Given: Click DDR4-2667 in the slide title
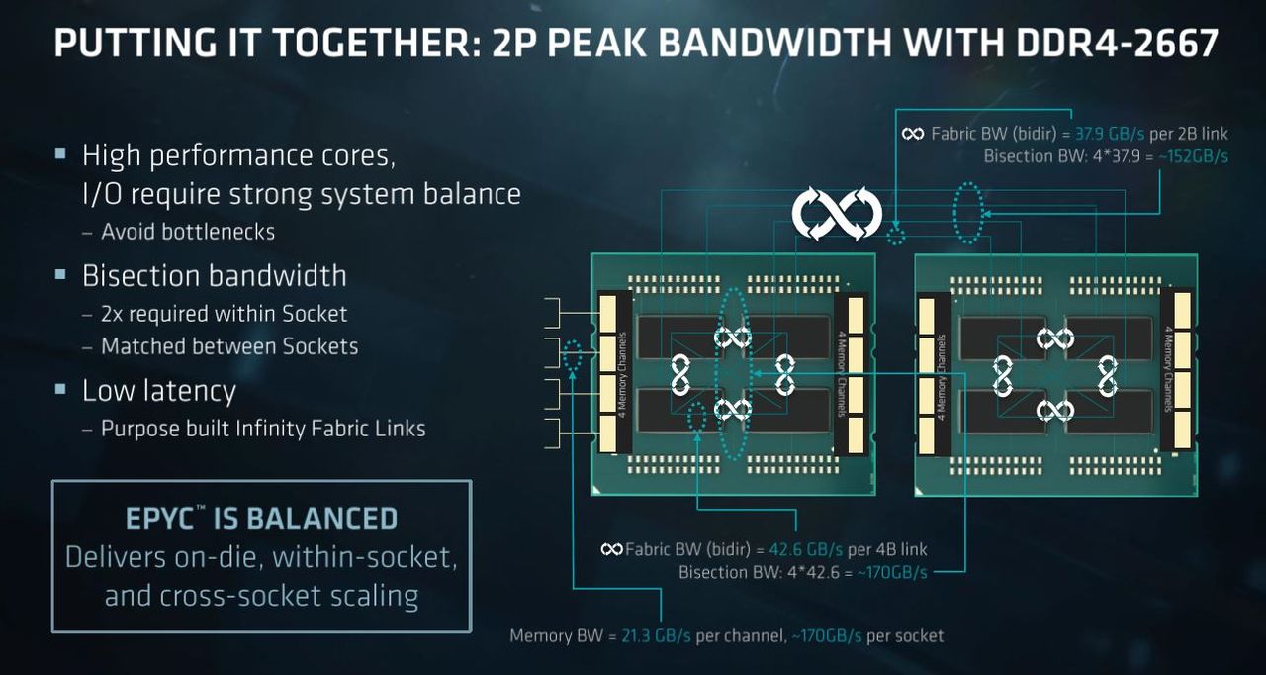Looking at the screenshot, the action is tap(1117, 43).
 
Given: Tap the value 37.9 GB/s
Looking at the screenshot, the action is tap(1110, 134).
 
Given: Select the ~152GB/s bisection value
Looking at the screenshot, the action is tap(1193, 156).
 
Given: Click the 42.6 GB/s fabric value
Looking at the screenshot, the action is tap(805, 549).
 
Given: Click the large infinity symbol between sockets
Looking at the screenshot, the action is tap(837, 214).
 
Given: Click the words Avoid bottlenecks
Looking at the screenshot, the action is tap(188, 232).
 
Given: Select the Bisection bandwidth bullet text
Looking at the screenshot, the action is tap(215, 276).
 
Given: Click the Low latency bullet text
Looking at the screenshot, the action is tap(159, 391).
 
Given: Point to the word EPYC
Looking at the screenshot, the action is tap(160, 519).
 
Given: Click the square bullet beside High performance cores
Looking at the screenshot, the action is tap(60, 153).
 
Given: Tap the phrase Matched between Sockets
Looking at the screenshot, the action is tap(229, 346).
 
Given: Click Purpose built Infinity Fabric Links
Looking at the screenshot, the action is tap(263, 429).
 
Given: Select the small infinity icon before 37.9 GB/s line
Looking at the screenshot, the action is tap(913, 134).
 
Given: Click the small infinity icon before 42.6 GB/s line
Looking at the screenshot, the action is tap(612, 549).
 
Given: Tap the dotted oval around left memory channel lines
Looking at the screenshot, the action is tap(572, 356).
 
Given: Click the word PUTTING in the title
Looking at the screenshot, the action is tap(136, 43).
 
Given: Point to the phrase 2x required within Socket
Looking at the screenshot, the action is tap(224, 314).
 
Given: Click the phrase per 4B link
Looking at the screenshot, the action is tap(887, 549).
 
